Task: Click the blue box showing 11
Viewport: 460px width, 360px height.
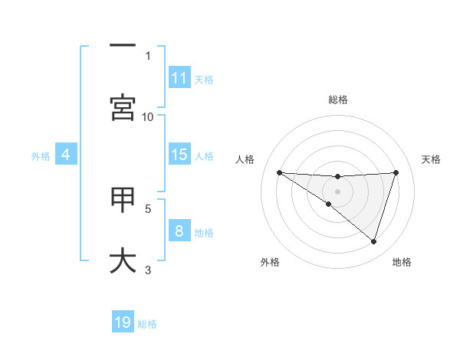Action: pos(179,78)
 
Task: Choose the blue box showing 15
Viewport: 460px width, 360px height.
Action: pos(179,155)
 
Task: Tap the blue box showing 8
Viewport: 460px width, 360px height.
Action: pos(179,231)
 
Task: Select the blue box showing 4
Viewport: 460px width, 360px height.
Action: pos(66,155)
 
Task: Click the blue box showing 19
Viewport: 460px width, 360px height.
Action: pos(123,322)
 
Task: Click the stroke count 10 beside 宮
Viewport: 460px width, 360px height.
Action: pos(148,116)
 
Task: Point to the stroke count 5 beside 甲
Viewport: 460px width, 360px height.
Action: pos(148,208)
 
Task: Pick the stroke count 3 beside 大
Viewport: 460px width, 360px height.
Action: pos(148,270)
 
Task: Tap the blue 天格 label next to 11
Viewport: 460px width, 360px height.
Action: pos(204,79)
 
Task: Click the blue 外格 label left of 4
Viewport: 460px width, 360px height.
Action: pos(41,156)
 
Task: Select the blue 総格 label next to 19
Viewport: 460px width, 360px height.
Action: pos(147,323)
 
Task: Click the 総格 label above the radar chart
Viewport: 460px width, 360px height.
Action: pos(337,100)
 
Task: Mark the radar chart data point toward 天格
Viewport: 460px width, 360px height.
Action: pos(396,172)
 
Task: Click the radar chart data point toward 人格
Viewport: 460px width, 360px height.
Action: pos(279,172)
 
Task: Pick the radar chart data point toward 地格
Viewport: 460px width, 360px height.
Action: pos(373,241)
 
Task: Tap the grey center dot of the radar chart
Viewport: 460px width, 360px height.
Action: pos(337,191)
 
